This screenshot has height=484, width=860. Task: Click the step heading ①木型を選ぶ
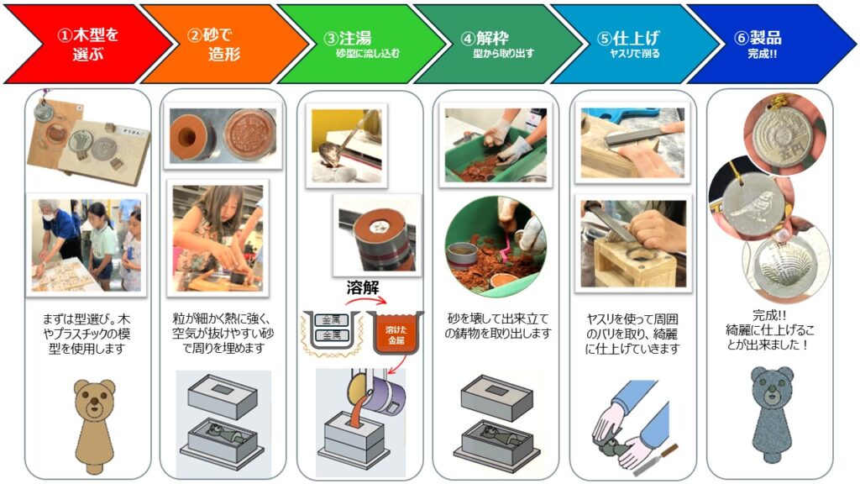coord(87,44)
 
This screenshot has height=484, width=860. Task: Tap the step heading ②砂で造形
coord(213,44)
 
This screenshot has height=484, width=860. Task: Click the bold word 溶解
coord(363,287)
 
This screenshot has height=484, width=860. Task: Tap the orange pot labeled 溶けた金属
coord(396,331)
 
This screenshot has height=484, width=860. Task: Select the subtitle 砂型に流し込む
coord(368,53)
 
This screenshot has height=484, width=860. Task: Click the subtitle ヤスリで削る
coord(635,53)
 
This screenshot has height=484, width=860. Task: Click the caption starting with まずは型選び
coord(87,334)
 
